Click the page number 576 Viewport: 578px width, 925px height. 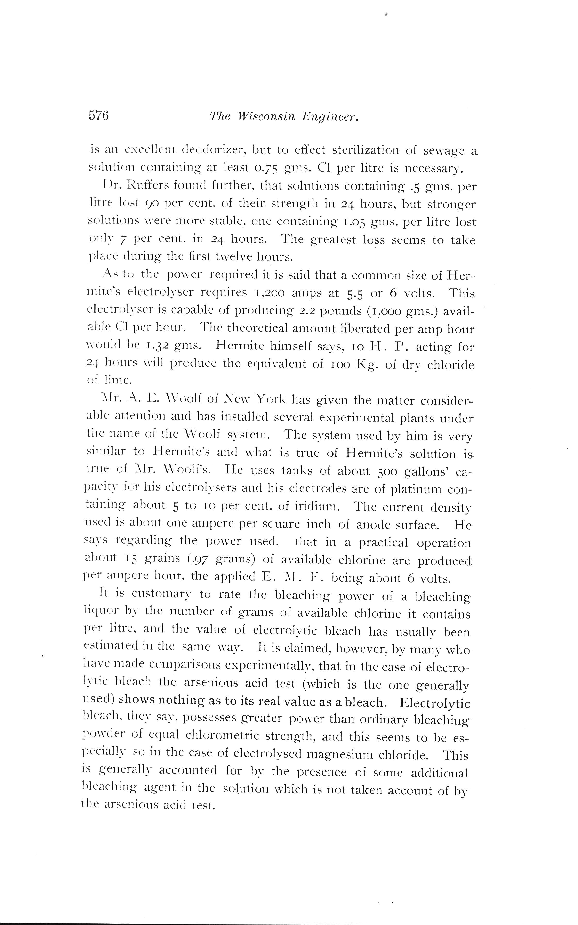99,115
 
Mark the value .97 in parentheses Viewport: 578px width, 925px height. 199,560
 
